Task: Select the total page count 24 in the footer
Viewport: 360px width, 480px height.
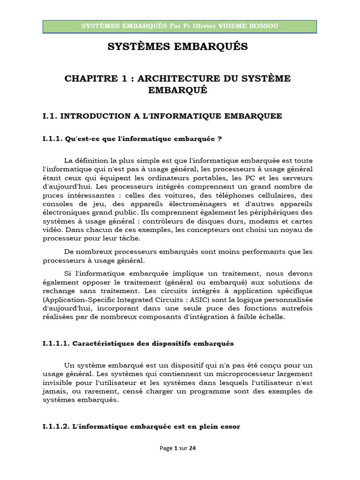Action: coord(193,448)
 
